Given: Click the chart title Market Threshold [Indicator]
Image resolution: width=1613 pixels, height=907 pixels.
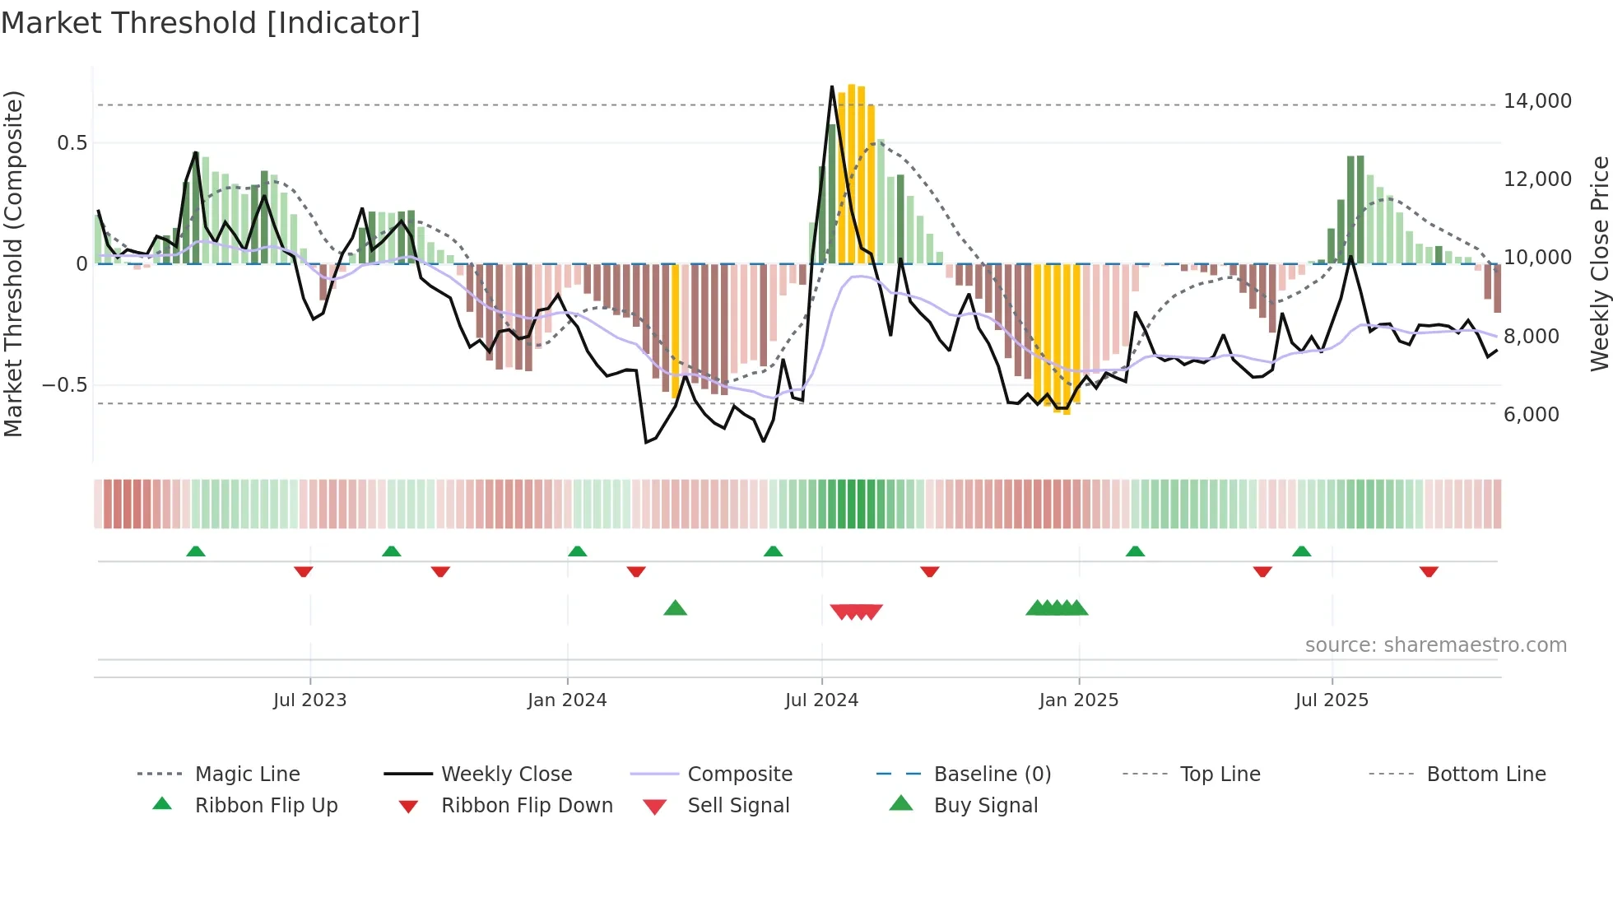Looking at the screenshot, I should tap(211, 23).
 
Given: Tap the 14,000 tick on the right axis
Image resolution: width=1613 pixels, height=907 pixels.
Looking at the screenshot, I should tap(1536, 101).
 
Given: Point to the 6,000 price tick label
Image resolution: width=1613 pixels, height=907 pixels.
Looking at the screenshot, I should tap(1531, 414).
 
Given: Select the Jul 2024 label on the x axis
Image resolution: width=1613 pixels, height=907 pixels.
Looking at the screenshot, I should tap(821, 700).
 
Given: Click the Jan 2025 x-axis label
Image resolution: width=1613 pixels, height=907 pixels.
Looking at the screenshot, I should tap(1078, 700).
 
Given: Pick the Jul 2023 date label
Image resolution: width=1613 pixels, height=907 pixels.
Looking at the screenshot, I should tap(309, 700).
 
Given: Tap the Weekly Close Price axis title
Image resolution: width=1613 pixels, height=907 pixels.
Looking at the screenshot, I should tap(1599, 263).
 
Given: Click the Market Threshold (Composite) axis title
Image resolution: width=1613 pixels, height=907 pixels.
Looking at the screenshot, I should tap(13, 263).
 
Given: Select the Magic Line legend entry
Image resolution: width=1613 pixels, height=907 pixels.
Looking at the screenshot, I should tap(247, 774).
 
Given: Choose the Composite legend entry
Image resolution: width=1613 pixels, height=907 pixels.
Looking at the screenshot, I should tap(739, 774).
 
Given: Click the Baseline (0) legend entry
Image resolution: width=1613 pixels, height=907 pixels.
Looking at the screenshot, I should tap(992, 774).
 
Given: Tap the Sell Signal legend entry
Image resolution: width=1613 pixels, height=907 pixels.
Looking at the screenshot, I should tap(737, 806).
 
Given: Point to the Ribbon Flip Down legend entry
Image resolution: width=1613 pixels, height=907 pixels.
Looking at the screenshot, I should tap(527, 806).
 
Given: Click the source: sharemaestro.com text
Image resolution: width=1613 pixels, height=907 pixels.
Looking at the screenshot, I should tap(1435, 645).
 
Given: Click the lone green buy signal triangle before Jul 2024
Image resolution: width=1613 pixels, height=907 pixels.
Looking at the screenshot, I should tap(675, 608).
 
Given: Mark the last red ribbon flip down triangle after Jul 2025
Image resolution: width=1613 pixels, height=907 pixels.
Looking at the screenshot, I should tap(1429, 571).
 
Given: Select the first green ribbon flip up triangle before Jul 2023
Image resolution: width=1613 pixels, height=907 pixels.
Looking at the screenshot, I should tap(195, 551).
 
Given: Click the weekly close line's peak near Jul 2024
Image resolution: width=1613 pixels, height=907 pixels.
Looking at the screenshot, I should tap(832, 87).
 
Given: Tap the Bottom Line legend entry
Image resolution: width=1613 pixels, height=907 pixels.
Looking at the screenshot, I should tap(1485, 774).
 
